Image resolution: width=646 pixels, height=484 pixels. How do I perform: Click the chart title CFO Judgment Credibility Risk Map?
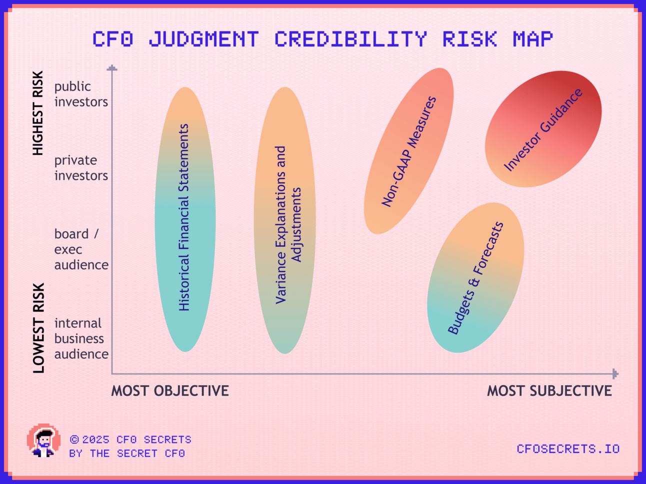click(x=323, y=39)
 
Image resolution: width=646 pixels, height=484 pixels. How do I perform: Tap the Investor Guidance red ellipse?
click(x=543, y=129)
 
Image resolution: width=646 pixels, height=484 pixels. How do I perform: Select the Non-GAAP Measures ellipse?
click(x=409, y=151)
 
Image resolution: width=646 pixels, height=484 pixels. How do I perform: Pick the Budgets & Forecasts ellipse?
click(x=475, y=278)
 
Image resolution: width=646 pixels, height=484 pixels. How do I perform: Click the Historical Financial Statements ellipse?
click(x=185, y=219)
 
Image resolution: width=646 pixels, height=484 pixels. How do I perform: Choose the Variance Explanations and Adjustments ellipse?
click(x=285, y=220)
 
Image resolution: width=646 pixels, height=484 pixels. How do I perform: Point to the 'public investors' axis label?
click(x=81, y=94)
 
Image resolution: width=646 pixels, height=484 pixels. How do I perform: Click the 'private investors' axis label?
click(x=81, y=168)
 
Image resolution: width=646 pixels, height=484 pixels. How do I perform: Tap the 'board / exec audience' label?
click(x=81, y=249)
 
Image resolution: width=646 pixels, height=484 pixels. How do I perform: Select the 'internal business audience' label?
click(x=81, y=339)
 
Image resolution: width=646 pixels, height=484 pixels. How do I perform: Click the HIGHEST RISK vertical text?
click(x=38, y=113)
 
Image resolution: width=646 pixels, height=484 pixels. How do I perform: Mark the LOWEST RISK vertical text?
click(x=38, y=328)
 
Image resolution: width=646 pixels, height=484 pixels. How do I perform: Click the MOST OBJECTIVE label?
click(x=170, y=391)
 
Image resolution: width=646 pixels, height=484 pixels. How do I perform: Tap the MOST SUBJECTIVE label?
click(x=549, y=391)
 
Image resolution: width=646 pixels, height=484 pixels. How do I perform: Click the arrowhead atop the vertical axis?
click(x=112, y=68)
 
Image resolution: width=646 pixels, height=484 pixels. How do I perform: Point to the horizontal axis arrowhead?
click(x=615, y=374)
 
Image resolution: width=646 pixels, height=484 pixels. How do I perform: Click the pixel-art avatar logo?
click(x=44, y=441)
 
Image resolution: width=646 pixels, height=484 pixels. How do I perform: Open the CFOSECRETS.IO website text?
click(x=568, y=449)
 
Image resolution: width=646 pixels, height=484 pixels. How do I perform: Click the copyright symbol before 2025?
click(x=74, y=440)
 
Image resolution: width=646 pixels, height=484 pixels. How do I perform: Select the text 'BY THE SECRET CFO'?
click(x=127, y=454)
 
